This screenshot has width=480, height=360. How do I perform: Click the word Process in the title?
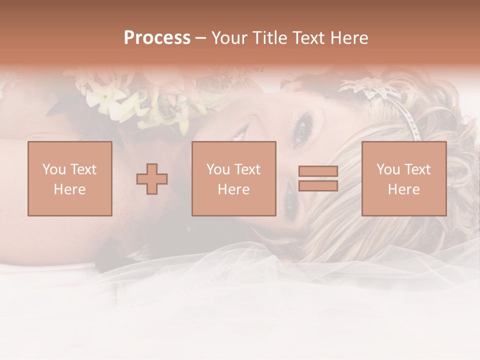(x=157, y=38)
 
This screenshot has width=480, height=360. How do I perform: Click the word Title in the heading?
(x=269, y=38)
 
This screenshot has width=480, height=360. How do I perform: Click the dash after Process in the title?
(x=200, y=38)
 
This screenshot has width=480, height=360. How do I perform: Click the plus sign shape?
(x=152, y=179)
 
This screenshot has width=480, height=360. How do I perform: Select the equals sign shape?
(x=318, y=178)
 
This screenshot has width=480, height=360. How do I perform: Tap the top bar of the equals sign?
(x=318, y=171)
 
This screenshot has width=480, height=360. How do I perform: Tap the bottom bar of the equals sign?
(x=318, y=186)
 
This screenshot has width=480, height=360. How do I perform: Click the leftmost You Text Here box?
(x=69, y=178)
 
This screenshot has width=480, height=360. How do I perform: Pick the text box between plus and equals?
(x=233, y=178)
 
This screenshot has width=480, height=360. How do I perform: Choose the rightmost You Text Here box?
(x=403, y=178)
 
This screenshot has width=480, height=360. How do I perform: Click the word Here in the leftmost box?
(x=69, y=189)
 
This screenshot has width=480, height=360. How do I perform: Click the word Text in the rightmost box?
(x=417, y=169)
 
